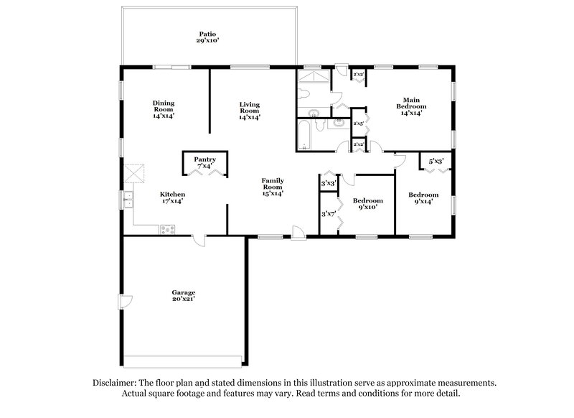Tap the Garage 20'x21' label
click(x=183, y=296)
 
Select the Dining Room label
click(x=164, y=108)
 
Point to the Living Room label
click(x=249, y=110)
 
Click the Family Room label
click(x=272, y=187)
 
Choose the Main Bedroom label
click(x=410, y=106)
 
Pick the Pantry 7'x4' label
click(x=204, y=163)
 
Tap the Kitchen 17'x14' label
click(x=173, y=198)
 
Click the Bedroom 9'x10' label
click(x=367, y=204)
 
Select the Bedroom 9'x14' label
click(x=423, y=199)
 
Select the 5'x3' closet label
click(x=436, y=162)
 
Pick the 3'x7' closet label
click(x=329, y=213)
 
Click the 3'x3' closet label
click(x=329, y=184)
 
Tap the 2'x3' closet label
click(x=359, y=124)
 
